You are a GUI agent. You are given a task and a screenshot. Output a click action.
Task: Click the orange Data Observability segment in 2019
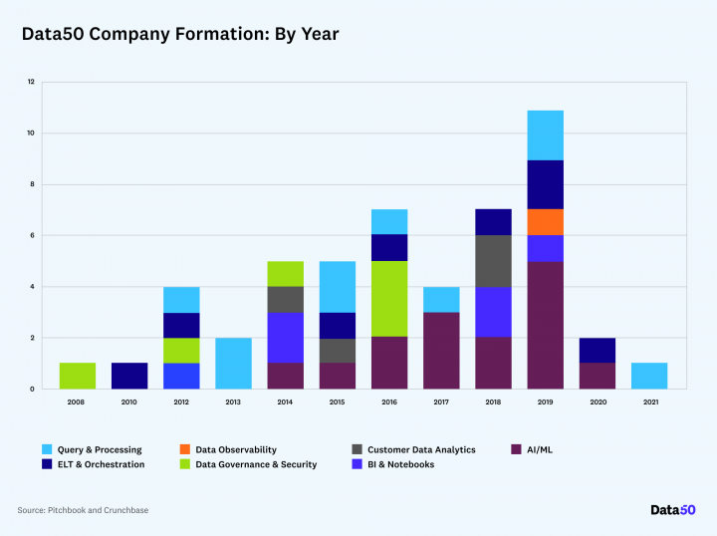545,222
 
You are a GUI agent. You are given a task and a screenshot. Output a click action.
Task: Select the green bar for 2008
78,376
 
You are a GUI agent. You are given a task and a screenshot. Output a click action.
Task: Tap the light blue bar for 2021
649,376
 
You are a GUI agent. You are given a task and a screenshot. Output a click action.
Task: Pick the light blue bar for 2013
233,363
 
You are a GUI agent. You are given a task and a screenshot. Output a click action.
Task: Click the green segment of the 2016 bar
389,299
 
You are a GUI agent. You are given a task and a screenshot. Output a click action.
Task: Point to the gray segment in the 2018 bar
493,261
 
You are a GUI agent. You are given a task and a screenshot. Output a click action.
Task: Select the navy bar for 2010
129,376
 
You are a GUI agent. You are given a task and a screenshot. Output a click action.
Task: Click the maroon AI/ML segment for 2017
441,350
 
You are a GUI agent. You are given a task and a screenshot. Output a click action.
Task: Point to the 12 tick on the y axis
31,82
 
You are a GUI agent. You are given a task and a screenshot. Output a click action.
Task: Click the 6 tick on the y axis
31,235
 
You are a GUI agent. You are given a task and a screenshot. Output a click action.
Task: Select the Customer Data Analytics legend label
421,450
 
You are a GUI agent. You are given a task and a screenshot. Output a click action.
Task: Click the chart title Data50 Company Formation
180,34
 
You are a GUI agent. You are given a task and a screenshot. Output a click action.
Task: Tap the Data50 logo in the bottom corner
672,510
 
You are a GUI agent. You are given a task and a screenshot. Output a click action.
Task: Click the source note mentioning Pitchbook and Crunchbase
83,510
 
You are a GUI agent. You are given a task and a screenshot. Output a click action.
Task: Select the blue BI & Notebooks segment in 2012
181,376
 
